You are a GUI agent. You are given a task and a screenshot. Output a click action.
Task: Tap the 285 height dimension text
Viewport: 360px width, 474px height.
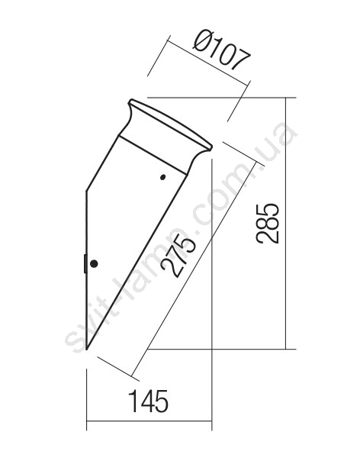pos(267,224)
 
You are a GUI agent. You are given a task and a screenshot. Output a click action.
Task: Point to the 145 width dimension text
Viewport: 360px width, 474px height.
pos(148,401)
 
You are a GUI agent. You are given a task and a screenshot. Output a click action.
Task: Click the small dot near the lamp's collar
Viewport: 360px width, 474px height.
pos(162,177)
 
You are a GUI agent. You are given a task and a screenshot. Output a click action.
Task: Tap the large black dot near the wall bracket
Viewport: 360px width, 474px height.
pos(94,263)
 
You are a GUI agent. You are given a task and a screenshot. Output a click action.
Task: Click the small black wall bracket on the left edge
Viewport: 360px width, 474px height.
pos(85,263)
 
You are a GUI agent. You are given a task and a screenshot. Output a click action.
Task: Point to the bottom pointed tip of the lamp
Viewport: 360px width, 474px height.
pos(87,350)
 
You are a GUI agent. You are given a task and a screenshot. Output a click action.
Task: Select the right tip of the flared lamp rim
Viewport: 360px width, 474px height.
pos(211,148)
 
